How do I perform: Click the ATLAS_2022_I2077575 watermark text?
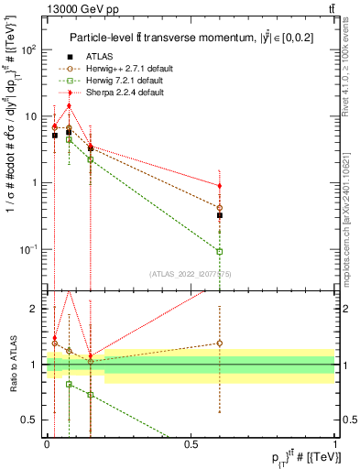[x=190, y=274]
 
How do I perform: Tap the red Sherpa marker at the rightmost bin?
[x=220, y=186]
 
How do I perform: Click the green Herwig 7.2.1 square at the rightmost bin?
[x=220, y=251]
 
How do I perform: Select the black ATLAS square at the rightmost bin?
[x=220, y=215]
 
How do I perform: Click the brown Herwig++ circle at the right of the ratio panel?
[x=220, y=344]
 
